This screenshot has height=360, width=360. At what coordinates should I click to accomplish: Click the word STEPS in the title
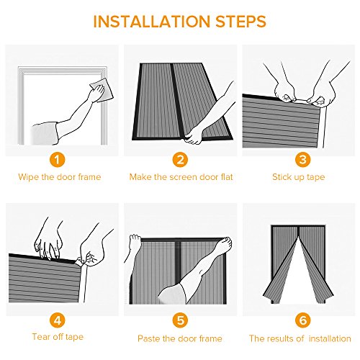coord(241,22)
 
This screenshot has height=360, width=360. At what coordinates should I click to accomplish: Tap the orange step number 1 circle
coord(58,159)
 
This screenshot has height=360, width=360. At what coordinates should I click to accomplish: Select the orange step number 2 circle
coord(180,159)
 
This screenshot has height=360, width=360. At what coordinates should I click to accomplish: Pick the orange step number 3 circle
coord(303,159)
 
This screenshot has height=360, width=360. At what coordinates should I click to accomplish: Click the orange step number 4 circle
coord(58,320)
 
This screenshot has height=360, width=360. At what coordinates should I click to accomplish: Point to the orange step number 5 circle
coord(180,320)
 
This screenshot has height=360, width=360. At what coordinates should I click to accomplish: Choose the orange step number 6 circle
coord(303,320)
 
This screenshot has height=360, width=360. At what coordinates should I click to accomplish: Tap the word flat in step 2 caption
coord(227,177)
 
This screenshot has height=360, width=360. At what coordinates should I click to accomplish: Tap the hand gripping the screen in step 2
coord(194,136)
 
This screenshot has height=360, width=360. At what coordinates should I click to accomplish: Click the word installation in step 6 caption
coord(330,338)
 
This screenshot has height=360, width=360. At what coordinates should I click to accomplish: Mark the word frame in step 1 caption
coord(89,177)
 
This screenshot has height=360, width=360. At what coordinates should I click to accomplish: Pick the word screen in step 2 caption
coord(184,177)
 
